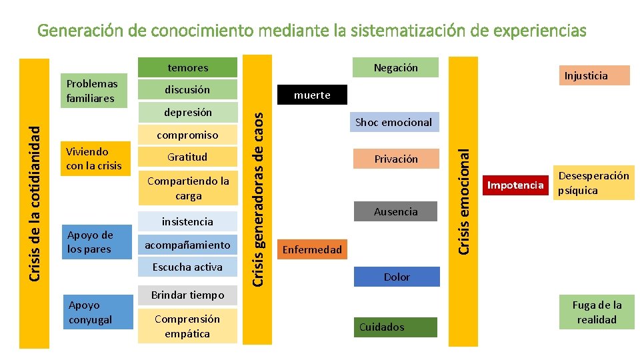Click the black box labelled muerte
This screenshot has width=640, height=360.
click(312, 95)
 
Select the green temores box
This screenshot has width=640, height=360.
click(187, 67)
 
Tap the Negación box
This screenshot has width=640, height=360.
click(395, 67)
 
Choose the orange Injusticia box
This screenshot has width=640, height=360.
click(586, 75)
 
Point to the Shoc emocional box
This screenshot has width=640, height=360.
click(393, 122)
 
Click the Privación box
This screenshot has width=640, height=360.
click(395, 159)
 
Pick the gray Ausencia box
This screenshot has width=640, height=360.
click(395, 211)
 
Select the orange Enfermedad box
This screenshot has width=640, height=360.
click(312, 250)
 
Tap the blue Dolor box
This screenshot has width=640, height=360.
click(397, 277)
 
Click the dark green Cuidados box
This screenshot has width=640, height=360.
click(395, 327)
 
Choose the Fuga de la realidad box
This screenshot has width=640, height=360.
click(597, 312)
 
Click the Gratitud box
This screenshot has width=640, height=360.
click(187, 157)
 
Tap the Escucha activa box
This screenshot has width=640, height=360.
click(187, 267)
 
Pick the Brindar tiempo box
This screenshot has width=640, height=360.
click(187, 295)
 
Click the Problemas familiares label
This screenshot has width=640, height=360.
click(92, 91)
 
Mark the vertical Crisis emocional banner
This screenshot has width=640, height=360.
click(464, 200)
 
